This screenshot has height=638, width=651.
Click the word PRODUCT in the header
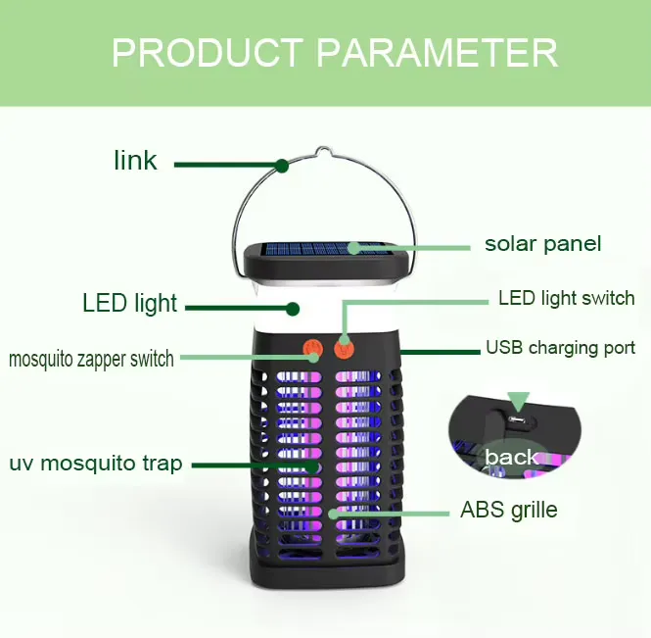coord(208,53)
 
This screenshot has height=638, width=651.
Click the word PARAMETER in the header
coord(438,53)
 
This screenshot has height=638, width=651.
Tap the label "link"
coord(135,161)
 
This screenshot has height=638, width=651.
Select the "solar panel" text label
coord(542,244)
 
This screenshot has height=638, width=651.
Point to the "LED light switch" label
coord(567,298)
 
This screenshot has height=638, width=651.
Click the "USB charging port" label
coord(561,348)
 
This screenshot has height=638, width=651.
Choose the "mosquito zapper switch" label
coord(91,359)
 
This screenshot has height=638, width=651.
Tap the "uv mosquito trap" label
coord(96,464)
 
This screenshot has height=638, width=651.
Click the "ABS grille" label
coord(509,510)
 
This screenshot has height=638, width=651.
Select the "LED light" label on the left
coord(130,303)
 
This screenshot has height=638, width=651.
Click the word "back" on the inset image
coord(511,457)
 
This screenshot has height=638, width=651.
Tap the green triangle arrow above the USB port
coord(519,401)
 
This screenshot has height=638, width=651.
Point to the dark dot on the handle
coord(282,166)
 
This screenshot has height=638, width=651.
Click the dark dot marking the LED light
coord(293,309)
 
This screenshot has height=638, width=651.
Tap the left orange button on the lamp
coord(312,349)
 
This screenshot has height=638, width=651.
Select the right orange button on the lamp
coord(345,349)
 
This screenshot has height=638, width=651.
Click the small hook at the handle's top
coord(324,151)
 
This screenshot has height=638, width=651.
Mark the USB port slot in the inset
coord(517,419)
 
